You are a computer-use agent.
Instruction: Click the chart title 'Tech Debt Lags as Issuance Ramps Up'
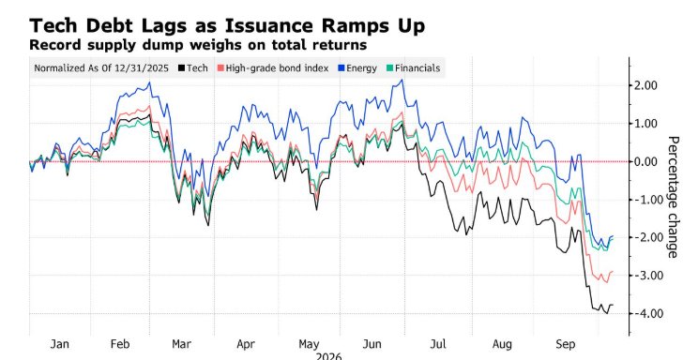pos(227,26)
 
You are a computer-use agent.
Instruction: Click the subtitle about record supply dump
pos(198,45)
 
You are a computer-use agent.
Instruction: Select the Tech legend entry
pos(192,68)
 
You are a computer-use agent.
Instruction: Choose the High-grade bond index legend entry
pos(273,68)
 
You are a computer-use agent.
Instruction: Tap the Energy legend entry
pos(357,68)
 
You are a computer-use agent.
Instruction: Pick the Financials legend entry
pos(413,68)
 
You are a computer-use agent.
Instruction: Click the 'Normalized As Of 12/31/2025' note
pos(101,68)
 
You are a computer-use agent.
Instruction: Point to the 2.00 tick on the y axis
pos(645,85)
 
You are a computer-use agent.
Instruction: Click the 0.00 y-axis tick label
pos(645,161)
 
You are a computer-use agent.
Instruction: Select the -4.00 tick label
pos(645,313)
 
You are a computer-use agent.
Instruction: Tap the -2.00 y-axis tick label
pos(645,237)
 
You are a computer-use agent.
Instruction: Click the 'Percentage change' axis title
pos(673,197)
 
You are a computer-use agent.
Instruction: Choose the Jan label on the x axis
pos(60,344)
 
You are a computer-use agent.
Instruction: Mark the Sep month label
pos(566,344)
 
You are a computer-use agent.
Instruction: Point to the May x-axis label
pos(309,344)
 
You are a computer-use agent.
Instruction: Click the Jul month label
pos(438,344)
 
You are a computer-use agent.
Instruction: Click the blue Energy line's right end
pos(613,236)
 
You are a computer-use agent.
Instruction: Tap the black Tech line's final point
pos(613,305)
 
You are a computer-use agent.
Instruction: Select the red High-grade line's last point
pos(613,272)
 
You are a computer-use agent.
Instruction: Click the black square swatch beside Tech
pos(181,68)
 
